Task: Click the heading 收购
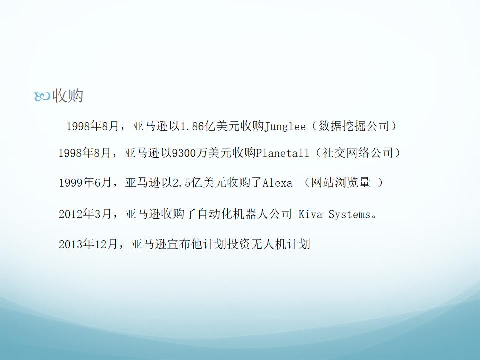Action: click(68, 96)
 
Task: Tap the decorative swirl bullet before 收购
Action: click(42, 96)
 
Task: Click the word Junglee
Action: click(285, 126)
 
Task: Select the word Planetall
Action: click(282, 153)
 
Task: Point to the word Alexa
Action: click(277, 183)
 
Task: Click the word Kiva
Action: click(310, 214)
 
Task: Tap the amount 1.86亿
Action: click(198, 126)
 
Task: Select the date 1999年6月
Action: click(85, 183)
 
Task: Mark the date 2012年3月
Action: click(85, 214)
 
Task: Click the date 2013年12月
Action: click(88, 244)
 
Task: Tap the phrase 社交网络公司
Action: click(358, 153)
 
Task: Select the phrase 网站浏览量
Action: click(340, 183)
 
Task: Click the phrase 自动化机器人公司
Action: click(245, 214)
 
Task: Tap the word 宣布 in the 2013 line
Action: click(179, 244)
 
